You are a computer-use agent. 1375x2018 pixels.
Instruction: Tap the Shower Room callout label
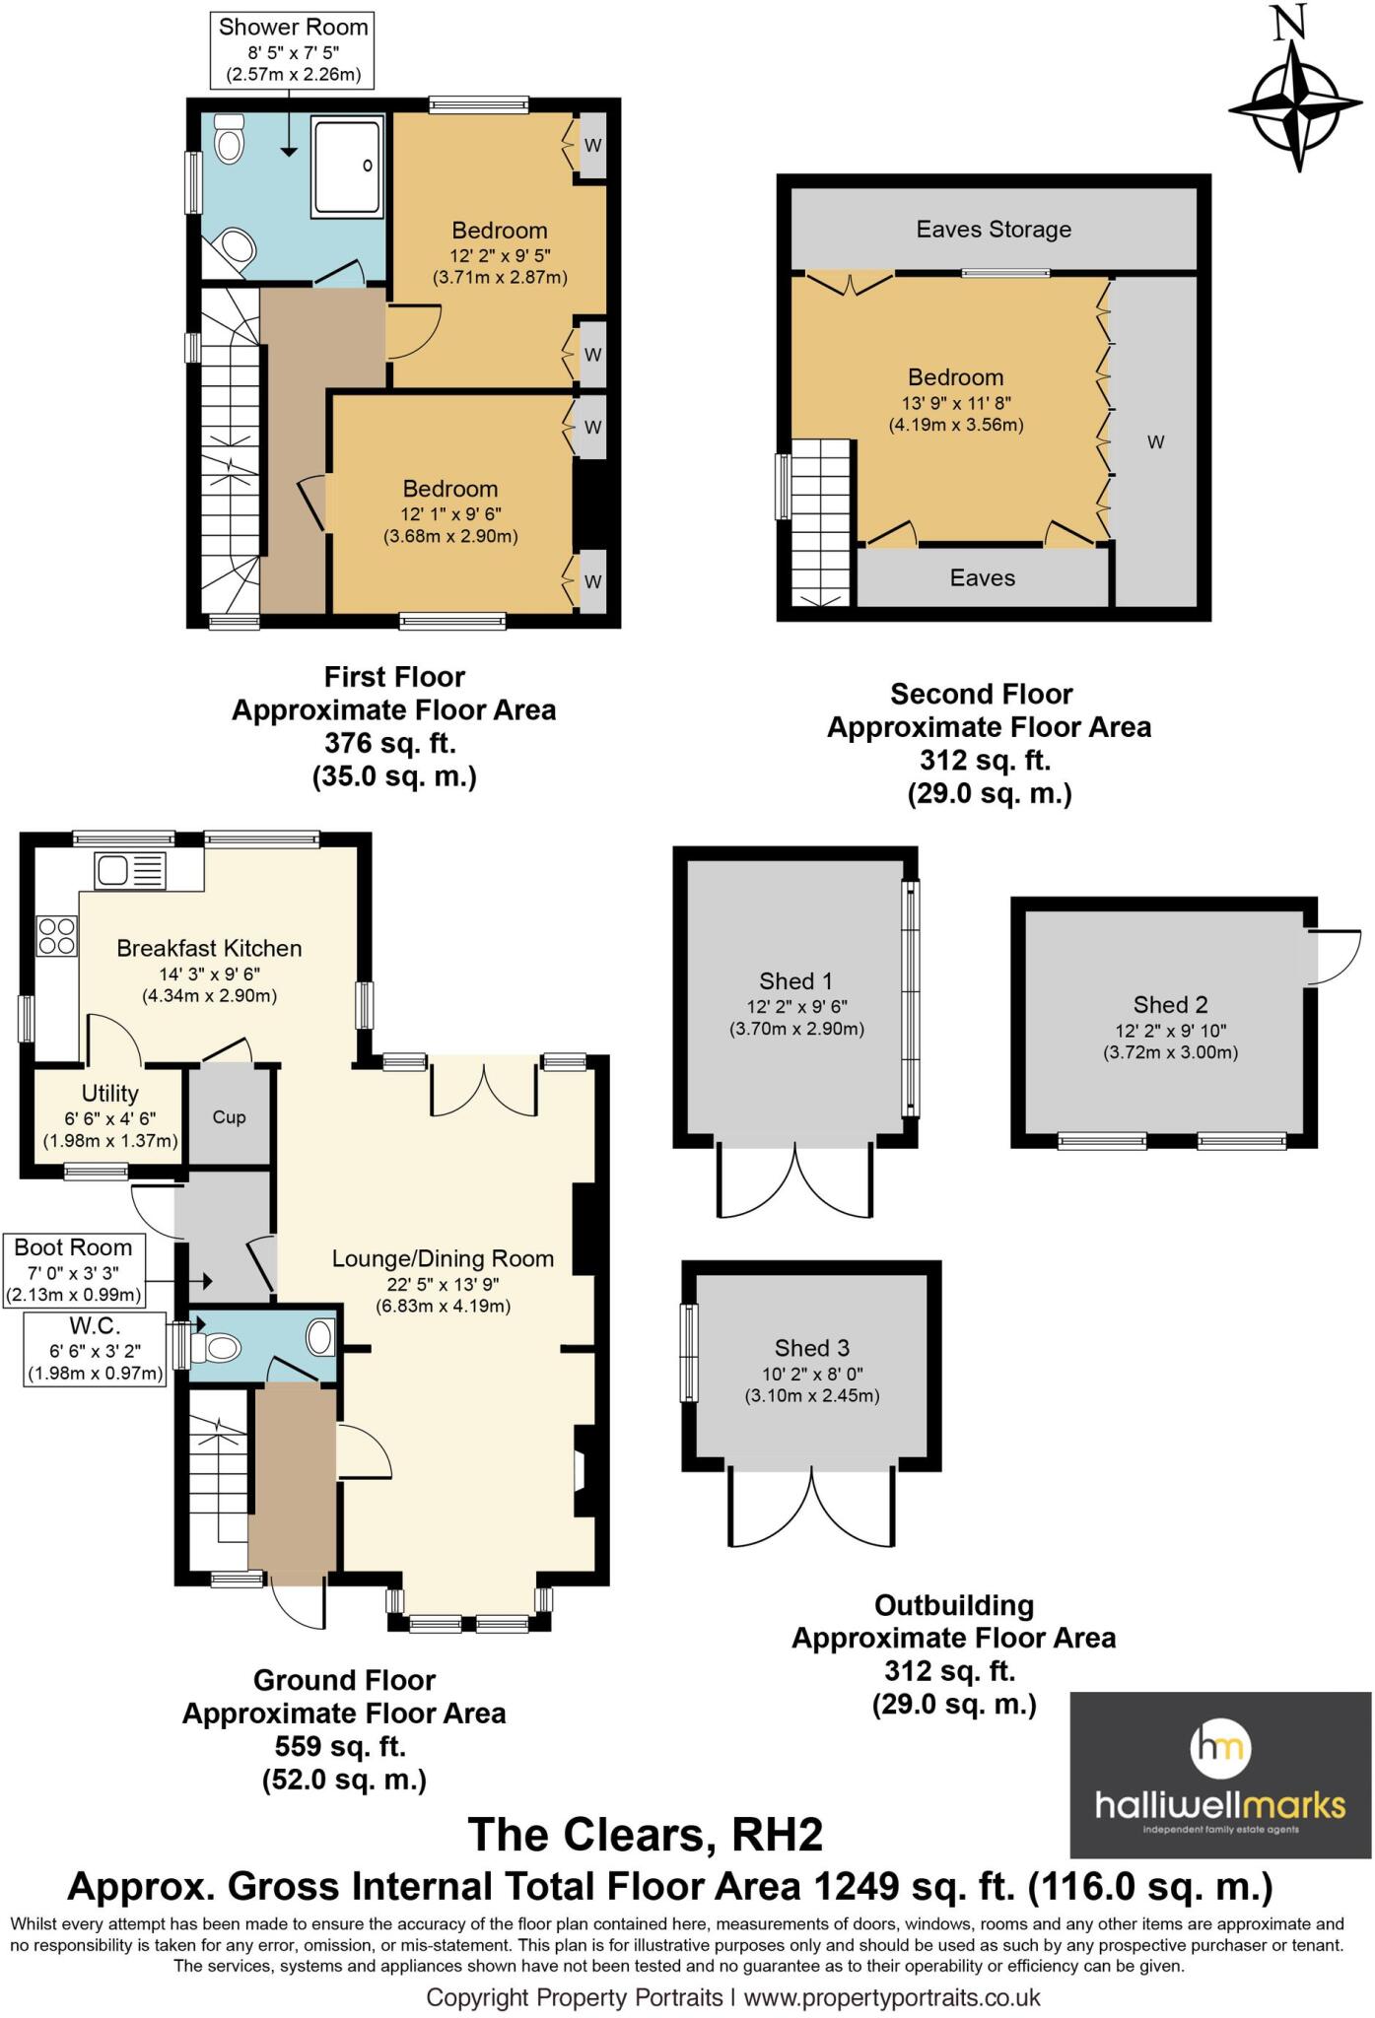tap(293, 50)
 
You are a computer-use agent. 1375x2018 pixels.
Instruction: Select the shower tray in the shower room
tap(346, 167)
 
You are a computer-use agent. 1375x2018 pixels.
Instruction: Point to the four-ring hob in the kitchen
tap(56, 935)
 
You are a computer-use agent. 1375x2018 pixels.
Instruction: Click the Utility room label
tap(109, 1094)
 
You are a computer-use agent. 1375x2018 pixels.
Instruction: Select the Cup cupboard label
tap(229, 1117)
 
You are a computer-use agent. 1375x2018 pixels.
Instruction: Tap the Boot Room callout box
tap(74, 1270)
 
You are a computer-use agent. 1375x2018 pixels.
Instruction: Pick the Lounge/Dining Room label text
tap(443, 1258)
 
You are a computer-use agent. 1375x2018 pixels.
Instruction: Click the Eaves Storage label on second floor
tap(994, 230)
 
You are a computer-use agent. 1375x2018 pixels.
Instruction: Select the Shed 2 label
tap(1170, 1005)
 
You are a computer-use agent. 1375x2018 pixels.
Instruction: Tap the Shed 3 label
tap(811, 1348)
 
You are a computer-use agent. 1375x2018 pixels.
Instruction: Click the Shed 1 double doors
tap(795, 1182)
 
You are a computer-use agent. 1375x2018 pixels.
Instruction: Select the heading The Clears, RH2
tap(645, 1835)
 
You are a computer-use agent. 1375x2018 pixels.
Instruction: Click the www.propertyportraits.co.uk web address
tap(892, 1997)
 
